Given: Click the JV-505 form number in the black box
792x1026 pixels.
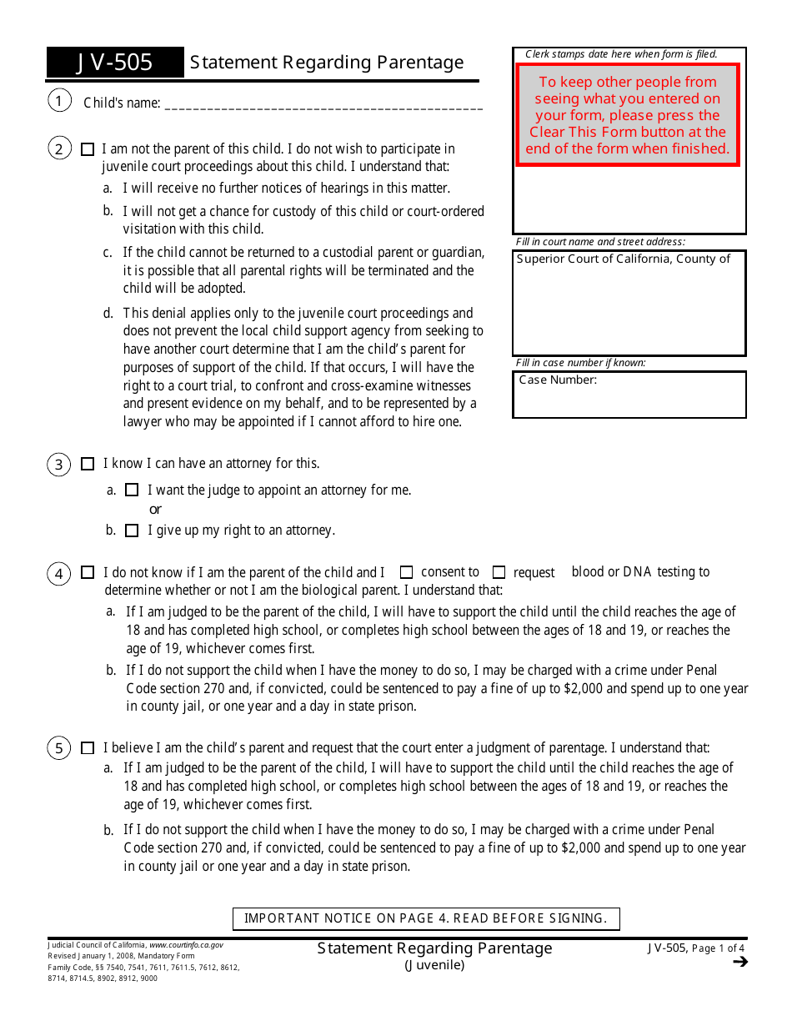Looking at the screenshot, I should point(115,63).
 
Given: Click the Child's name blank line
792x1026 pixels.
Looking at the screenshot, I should point(323,105).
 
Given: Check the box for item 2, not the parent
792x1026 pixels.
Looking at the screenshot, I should point(88,149).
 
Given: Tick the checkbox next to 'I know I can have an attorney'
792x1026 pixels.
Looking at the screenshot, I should point(88,464).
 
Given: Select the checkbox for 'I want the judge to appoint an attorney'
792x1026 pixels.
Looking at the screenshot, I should point(132,490).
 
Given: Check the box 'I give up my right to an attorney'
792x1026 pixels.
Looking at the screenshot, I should point(132,531).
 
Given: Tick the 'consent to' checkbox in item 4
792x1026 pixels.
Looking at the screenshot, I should point(407,572).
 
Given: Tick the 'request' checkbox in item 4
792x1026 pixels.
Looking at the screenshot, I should point(499,572).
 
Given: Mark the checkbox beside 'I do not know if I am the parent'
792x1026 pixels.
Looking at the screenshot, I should point(88,572).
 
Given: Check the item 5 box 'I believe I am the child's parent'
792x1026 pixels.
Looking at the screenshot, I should point(88,748).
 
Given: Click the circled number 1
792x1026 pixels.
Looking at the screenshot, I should point(59,102).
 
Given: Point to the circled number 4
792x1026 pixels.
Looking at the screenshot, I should point(59,574).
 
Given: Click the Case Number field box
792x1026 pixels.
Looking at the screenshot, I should point(629,395).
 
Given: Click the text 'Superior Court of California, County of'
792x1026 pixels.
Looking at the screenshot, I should point(623,259).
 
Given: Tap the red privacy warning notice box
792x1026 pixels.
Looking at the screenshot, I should point(628,115).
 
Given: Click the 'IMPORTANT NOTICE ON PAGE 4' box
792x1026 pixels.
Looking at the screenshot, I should point(426,918).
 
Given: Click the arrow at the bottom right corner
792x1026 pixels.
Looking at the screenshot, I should point(739,963).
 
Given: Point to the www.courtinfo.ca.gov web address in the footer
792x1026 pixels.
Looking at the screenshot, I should point(186,945).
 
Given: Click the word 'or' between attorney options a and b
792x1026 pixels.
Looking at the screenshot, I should point(155,510).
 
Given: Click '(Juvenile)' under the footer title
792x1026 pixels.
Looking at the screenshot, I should point(434,965).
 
